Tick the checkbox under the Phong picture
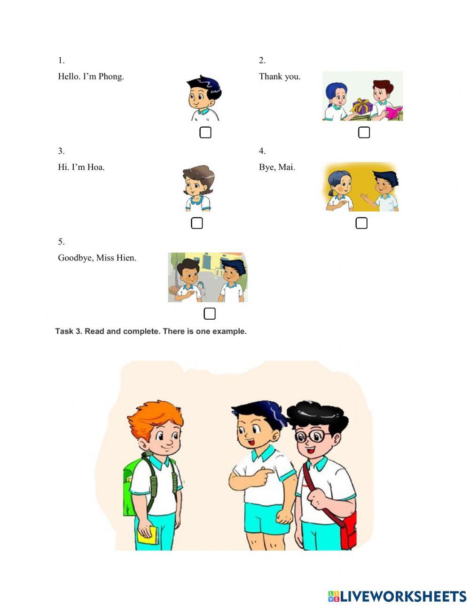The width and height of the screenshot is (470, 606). click(x=205, y=132)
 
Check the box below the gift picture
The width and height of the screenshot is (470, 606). click(x=364, y=132)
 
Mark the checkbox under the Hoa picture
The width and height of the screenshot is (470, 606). click(x=197, y=223)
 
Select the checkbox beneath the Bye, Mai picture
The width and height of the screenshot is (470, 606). click(x=361, y=223)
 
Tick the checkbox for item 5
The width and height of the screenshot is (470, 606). click(x=210, y=314)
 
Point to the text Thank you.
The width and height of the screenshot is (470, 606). click(x=280, y=77)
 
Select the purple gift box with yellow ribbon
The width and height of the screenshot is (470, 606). click(x=362, y=107)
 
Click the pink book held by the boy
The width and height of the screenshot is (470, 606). click(x=393, y=112)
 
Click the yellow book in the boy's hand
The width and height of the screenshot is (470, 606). click(x=147, y=535)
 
